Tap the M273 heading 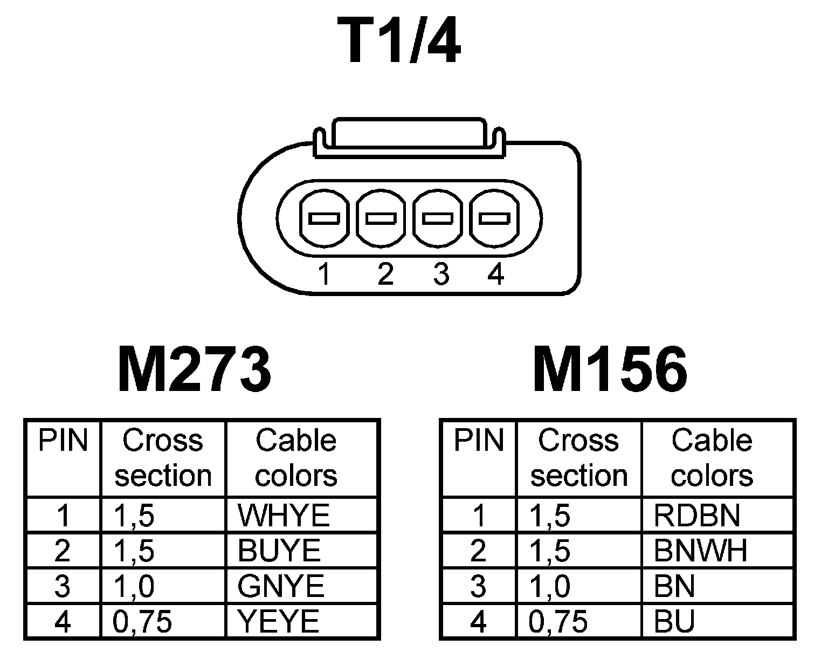pyautogui.click(x=194, y=370)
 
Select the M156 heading pyautogui.click(x=610, y=370)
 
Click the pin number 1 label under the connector pyautogui.click(x=323, y=274)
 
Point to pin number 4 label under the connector pyautogui.click(x=495, y=274)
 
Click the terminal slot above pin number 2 pyautogui.click(x=381, y=218)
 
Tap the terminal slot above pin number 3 pyautogui.click(x=438, y=218)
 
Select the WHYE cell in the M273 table pyautogui.click(x=284, y=516)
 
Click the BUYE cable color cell pyautogui.click(x=279, y=551)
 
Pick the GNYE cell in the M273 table pyautogui.click(x=281, y=586)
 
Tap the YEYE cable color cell pyautogui.click(x=279, y=622)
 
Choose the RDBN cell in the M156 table pyautogui.click(x=696, y=516)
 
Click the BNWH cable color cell pyautogui.click(x=700, y=551)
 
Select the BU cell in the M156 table pyautogui.click(x=674, y=622)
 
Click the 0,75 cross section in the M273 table pyautogui.click(x=143, y=622)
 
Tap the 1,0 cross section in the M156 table pyautogui.click(x=550, y=586)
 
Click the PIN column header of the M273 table pyautogui.click(x=63, y=441)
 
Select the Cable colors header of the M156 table pyautogui.click(x=712, y=458)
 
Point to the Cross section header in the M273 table pyautogui.click(x=163, y=458)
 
